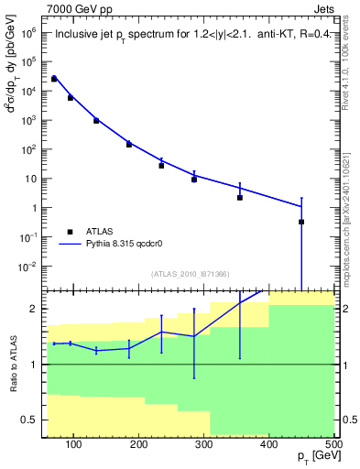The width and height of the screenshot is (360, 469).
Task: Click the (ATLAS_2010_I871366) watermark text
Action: [190, 274]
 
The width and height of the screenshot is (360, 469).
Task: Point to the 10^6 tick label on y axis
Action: [29, 31]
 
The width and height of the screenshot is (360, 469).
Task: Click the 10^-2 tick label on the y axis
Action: [29, 267]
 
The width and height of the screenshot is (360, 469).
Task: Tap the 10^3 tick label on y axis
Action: [29, 120]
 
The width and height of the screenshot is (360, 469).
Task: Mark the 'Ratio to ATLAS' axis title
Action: [12, 364]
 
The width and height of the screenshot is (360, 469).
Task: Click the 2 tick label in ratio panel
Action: [35, 309]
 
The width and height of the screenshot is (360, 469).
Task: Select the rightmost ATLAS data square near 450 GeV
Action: [301, 222]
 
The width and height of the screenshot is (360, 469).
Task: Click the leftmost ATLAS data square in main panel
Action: [54, 79]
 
